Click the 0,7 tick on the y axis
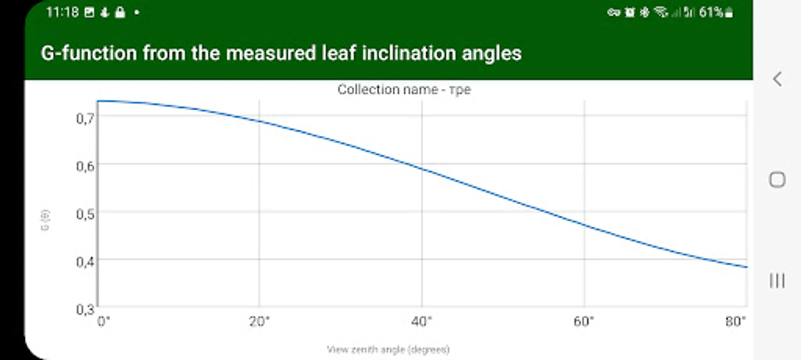click(85, 118)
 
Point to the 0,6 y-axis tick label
click(85, 166)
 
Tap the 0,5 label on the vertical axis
click(85, 214)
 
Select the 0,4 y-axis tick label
click(85, 262)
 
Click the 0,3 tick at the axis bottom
click(85, 309)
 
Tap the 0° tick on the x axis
click(104, 321)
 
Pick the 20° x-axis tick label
click(259, 321)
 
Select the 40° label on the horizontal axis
click(421, 321)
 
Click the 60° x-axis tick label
click(584, 321)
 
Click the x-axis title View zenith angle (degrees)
click(388, 350)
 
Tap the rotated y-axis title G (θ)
click(45, 220)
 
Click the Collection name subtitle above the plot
click(404, 89)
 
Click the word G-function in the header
click(89, 53)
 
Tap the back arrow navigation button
click(777, 79)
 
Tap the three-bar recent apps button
click(777, 281)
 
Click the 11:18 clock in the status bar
click(62, 12)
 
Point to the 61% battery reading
click(711, 12)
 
